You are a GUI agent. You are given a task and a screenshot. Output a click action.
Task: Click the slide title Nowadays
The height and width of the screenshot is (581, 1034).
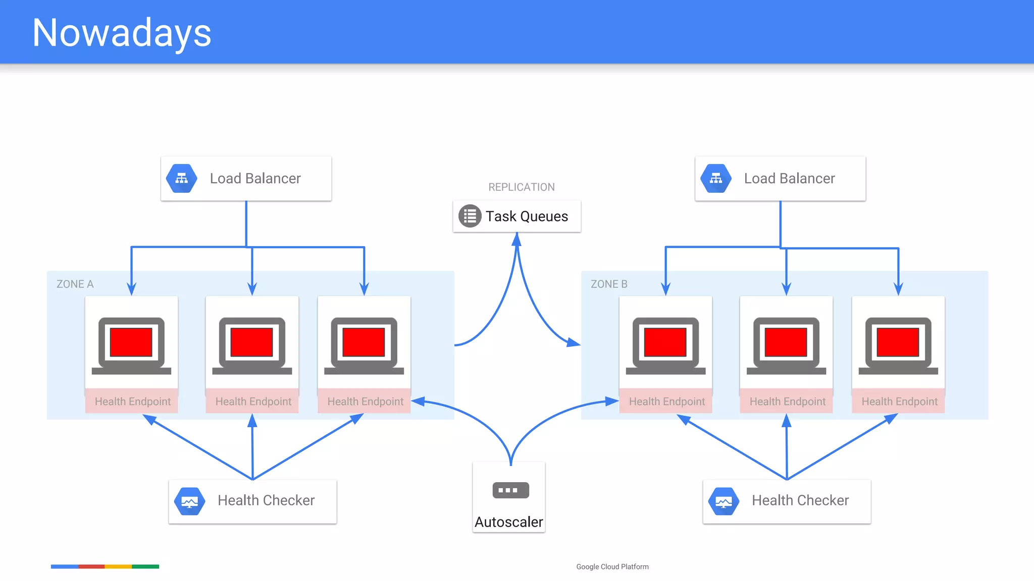122,33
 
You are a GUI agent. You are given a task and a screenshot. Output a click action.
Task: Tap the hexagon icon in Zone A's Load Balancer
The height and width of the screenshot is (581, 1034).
182,179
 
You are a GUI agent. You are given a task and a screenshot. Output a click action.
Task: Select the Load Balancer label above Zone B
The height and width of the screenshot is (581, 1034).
789,179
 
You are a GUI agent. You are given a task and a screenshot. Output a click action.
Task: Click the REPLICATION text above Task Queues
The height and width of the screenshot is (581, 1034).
521,187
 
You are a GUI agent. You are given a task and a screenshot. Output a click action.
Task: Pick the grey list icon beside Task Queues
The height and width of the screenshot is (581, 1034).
470,216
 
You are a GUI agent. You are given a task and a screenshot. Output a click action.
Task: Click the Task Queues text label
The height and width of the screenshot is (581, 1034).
527,216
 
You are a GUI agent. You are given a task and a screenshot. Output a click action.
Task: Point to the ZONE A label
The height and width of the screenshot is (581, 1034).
75,284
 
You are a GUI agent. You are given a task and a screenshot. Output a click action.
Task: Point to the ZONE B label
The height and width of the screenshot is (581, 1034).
609,284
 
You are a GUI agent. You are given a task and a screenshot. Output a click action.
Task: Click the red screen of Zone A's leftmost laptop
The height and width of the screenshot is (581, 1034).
131,342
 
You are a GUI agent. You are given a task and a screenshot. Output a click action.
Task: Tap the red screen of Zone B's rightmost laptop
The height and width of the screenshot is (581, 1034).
898,342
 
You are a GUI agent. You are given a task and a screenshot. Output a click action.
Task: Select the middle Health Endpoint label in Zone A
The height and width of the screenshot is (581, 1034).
253,401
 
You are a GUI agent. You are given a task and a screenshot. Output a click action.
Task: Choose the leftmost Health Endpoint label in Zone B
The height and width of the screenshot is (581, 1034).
666,401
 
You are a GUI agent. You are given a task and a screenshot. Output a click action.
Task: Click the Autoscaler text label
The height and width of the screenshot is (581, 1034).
509,522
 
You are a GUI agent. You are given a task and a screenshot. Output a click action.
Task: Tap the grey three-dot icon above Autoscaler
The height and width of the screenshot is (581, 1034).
510,490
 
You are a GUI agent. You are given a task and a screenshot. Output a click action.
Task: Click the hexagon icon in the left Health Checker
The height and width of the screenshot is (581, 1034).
190,501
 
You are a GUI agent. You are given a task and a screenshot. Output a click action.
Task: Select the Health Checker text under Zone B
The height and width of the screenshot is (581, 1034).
800,500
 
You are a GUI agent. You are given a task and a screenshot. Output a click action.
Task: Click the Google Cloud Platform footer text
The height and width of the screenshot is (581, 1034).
612,567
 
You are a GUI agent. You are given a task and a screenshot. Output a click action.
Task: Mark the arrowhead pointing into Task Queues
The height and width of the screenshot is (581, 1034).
516,239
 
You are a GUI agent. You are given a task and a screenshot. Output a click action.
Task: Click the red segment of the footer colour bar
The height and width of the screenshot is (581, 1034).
91,566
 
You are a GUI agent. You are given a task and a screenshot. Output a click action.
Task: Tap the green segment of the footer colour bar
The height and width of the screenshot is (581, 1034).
145,566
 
